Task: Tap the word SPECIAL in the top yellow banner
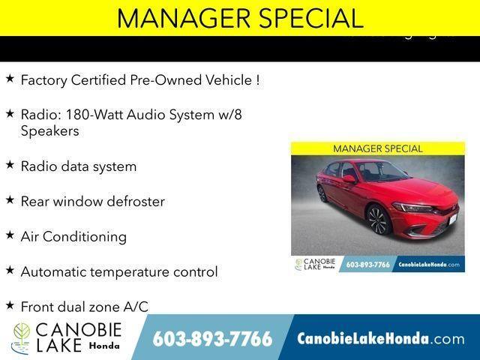(307, 18)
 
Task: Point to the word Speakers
(49, 130)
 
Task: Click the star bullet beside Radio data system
(10, 165)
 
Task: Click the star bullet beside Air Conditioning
(10, 235)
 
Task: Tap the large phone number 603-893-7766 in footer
(212, 339)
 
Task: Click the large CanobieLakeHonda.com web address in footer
(381, 339)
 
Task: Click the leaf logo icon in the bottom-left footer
(21, 338)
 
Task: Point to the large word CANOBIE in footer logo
(78, 330)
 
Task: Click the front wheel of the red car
(376, 220)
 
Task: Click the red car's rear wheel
(322, 193)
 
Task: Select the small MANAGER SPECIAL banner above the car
(377, 148)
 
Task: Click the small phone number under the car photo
(367, 265)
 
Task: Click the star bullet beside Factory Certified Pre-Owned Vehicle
(10, 78)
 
